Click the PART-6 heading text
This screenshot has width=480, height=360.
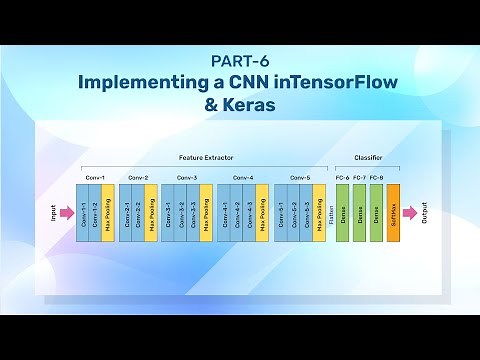239,59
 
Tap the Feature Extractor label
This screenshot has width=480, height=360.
206,158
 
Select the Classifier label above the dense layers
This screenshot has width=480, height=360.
368,158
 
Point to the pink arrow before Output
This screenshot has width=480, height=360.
410,212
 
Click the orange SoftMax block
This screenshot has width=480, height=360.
393,212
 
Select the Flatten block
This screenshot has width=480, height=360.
330,212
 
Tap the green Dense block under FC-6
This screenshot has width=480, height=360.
342,212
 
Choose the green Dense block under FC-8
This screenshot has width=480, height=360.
376,212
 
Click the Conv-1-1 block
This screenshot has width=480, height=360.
83,212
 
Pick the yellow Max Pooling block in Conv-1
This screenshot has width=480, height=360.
109,212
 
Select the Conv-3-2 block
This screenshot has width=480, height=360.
180,212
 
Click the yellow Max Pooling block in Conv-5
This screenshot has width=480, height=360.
319,212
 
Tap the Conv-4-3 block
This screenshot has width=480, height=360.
249,212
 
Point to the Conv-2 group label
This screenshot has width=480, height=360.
138,177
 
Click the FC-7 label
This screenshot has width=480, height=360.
359,177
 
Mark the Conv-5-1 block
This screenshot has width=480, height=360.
280,212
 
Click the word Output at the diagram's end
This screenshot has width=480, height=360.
425,212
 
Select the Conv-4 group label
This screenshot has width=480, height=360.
243,177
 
